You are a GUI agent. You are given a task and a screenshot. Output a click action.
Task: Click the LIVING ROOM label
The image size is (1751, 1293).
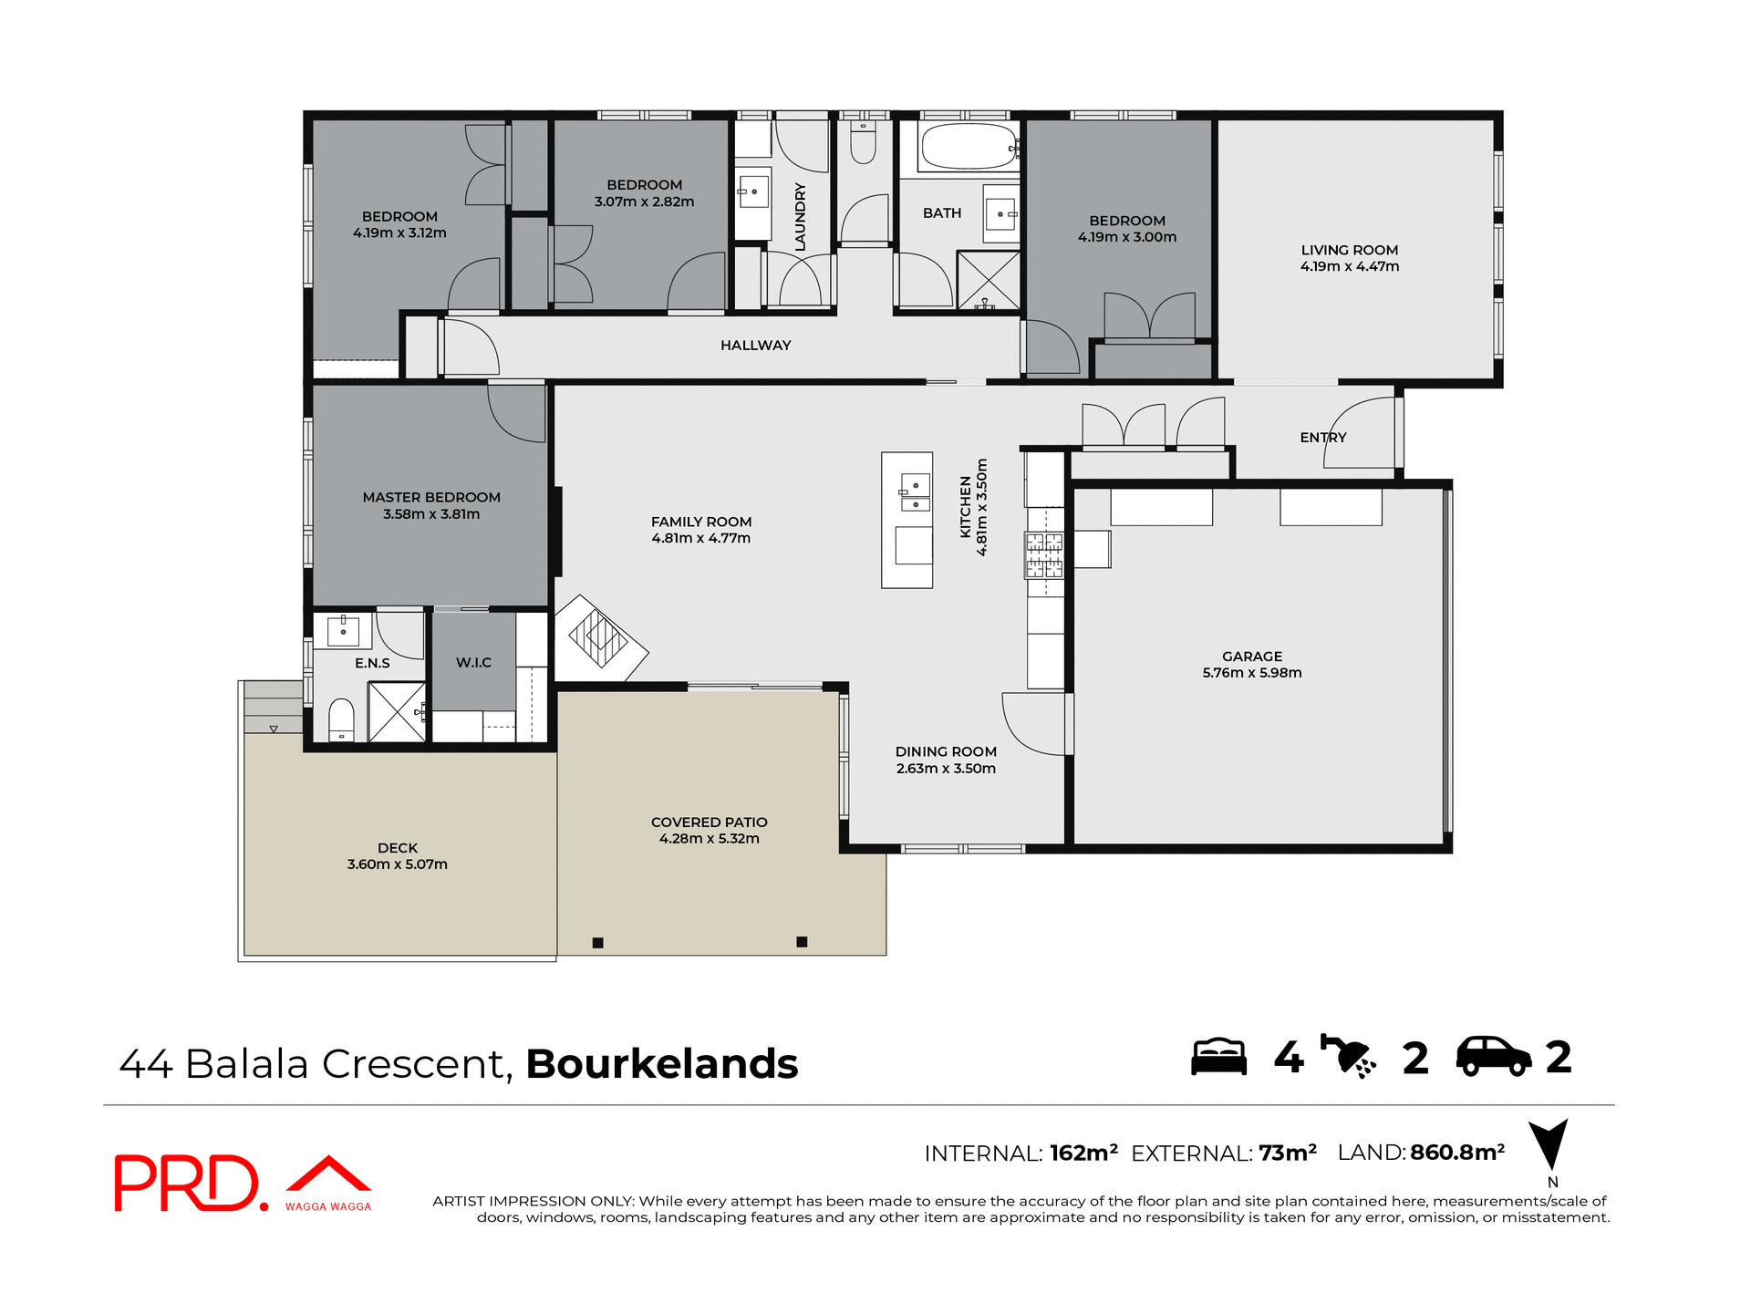tap(1349, 250)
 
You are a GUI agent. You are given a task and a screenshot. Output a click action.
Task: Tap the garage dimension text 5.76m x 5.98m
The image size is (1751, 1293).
tap(1251, 673)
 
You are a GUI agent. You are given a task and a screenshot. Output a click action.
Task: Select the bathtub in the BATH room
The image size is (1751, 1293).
tap(967, 147)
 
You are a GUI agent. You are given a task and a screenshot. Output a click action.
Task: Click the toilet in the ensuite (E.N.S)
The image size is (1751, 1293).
tap(341, 720)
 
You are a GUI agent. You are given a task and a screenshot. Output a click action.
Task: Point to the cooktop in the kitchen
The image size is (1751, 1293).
tap(1044, 555)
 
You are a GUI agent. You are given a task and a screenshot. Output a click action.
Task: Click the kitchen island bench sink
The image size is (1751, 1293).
tap(915, 493)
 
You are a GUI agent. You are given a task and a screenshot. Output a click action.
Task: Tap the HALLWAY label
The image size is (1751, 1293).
tap(755, 346)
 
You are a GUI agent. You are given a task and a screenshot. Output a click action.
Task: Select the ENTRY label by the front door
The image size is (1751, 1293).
tap(1322, 438)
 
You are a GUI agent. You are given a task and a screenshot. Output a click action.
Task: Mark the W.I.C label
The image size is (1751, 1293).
tap(473, 663)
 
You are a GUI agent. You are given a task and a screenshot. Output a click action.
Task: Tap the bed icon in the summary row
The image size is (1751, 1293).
tap(1218, 1058)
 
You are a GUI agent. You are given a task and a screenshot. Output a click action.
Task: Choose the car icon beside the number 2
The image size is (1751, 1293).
tap(1493, 1057)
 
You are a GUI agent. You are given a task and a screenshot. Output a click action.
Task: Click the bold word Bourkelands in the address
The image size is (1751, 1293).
tap(661, 1064)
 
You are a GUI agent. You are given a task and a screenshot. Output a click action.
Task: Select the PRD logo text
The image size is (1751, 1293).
tap(187, 1183)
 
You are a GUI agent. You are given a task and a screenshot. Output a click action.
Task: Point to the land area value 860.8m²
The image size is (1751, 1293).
tap(1456, 1153)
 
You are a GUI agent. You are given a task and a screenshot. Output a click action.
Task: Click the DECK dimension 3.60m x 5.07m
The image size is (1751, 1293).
tap(397, 864)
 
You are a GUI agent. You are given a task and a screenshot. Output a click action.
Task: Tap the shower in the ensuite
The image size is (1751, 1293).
tap(397, 711)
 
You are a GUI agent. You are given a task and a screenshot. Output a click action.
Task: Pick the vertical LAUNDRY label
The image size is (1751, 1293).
tap(801, 217)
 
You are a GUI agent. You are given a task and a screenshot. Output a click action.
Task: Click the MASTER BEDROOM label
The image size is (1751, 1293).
tap(431, 498)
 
